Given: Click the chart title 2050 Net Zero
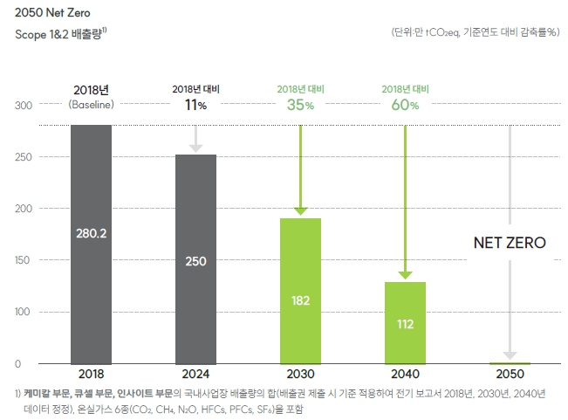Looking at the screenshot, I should (x=53, y=12).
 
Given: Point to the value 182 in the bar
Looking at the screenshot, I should (x=300, y=300).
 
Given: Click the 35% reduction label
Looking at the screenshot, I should (x=300, y=106).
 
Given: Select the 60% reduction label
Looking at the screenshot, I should (x=405, y=106).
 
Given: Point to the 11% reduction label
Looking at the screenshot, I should (x=195, y=106).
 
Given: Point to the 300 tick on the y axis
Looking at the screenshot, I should (x=24, y=106).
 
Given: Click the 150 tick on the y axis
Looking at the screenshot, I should (x=24, y=260).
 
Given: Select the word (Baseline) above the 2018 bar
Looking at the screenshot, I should (x=91, y=106).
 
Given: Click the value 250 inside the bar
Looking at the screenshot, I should (x=195, y=260).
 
